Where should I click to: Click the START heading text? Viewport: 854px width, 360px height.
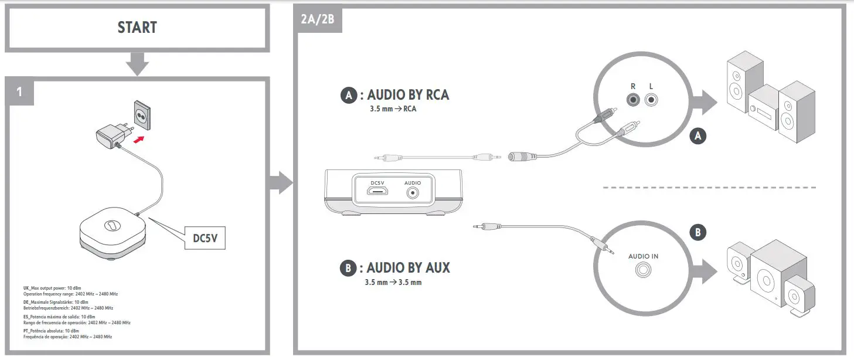tap(137, 28)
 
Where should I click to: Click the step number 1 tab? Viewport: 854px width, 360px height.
tap(19, 91)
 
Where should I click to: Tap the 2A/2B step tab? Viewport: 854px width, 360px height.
tap(317, 19)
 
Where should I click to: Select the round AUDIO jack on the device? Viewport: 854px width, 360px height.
tap(413, 192)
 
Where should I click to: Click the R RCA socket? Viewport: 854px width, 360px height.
tap(633, 100)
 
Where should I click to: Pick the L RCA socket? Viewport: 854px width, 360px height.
tap(651, 100)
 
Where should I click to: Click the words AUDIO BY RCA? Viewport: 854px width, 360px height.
tap(408, 95)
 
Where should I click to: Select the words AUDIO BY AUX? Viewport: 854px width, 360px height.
tap(408, 268)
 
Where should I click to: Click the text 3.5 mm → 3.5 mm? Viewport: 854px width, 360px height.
tap(393, 283)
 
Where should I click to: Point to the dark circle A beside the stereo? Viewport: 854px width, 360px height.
tap(698, 136)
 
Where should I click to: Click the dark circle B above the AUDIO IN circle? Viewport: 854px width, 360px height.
tap(698, 232)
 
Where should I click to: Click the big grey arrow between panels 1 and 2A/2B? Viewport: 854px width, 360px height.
tap(280, 183)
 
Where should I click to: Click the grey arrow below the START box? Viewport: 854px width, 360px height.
tap(137, 63)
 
